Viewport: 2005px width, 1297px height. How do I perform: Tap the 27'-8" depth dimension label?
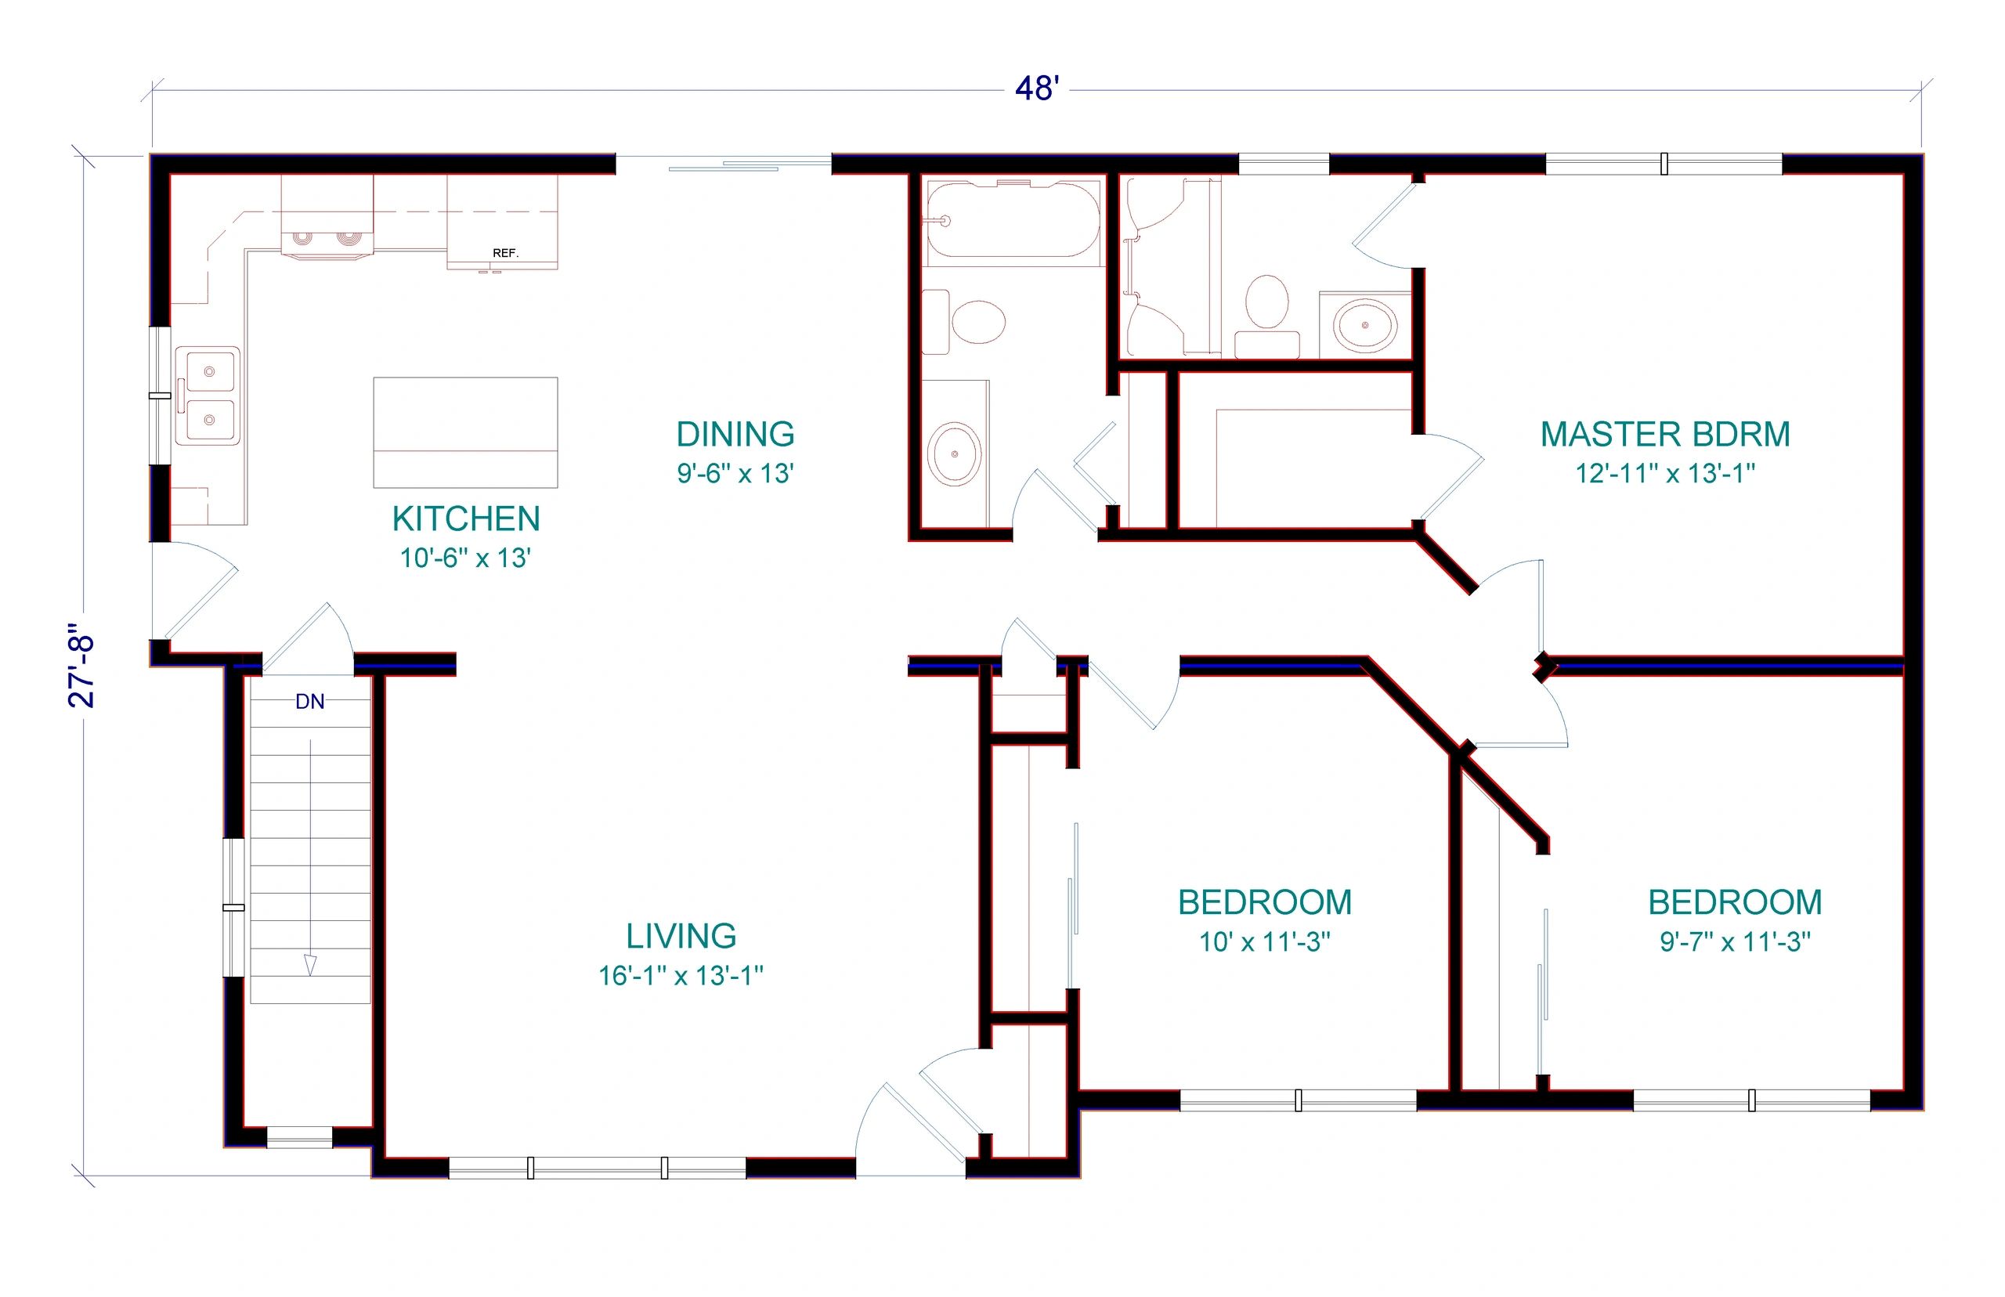[82, 666]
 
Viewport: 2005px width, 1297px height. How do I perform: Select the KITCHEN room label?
[466, 518]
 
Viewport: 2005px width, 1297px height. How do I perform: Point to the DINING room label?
[735, 435]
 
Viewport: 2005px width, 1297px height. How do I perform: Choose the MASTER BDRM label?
[1665, 435]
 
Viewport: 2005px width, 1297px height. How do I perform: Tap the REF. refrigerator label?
[505, 253]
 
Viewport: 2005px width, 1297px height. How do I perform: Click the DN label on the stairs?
[310, 702]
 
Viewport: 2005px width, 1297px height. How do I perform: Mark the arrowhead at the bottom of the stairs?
[310, 966]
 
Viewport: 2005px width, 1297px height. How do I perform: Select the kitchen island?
[464, 432]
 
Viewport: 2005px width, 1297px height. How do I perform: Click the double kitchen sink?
[208, 396]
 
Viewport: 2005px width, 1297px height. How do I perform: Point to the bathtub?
[1012, 219]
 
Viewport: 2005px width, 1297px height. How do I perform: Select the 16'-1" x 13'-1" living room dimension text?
[681, 975]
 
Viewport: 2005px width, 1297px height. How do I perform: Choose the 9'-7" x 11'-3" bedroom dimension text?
[1735, 941]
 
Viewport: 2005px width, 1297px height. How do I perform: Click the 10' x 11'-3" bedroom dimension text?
[1265, 941]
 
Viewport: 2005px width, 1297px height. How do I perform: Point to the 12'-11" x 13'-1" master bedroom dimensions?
[1665, 473]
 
